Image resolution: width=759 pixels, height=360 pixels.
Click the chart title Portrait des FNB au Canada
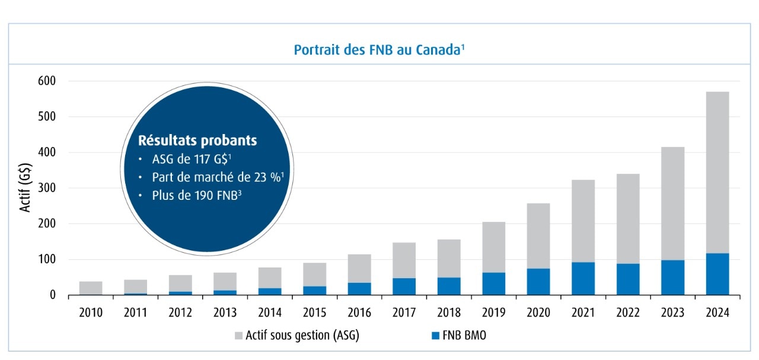click(x=378, y=50)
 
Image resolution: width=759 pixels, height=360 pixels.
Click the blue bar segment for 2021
click(x=582, y=279)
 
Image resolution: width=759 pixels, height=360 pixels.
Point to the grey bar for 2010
click(x=91, y=288)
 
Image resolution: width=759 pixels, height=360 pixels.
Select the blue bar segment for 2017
click(x=404, y=286)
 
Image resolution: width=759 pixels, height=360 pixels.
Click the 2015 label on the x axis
click(x=314, y=313)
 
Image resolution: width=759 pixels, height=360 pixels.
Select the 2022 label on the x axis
click(x=627, y=313)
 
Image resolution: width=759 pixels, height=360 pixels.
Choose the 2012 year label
click(x=180, y=313)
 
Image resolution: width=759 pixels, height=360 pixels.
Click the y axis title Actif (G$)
click(x=25, y=188)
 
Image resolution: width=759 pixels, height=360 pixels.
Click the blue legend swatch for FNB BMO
click(x=436, y=336)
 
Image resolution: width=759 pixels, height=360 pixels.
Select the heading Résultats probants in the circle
click(x=197, y=141)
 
